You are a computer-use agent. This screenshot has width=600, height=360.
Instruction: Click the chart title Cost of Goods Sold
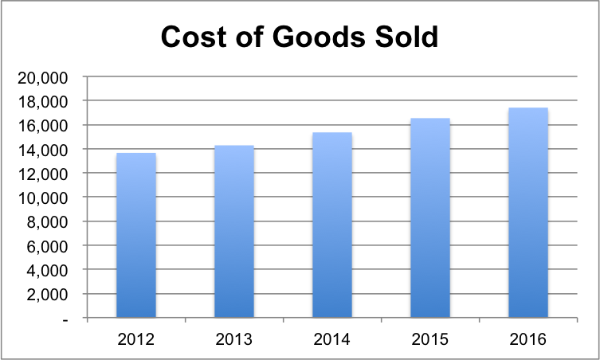tap(300, 37)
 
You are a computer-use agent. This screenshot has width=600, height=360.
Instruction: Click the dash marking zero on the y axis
tap(65, 318)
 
